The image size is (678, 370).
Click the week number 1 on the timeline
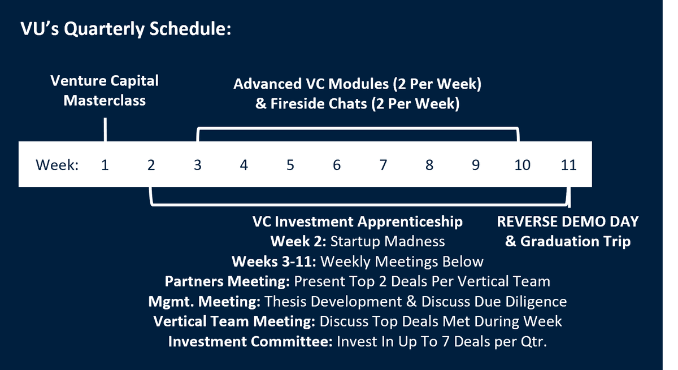click(105, 165)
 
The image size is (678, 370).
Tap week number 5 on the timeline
click(290, 165)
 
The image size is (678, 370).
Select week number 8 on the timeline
click(429, 165)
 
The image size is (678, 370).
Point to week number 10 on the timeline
click(523, 165)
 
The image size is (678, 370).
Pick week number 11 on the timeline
click(569, 165)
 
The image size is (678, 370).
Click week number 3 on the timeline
click(198, 165)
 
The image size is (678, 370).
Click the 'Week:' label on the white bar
click(57, 165)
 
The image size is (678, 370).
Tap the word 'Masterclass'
click(105, 101)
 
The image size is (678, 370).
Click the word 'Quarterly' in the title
click(105, 29)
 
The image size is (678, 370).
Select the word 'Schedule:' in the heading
click(190, 29)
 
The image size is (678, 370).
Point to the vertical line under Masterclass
click(105, 129)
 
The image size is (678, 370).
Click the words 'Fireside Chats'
click(319, 104)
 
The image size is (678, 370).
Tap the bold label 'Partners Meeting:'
click(227, 282)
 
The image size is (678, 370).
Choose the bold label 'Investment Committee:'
click(250, 342)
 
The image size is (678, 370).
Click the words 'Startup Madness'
click(388, 241)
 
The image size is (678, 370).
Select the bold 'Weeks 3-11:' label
click(274, 262)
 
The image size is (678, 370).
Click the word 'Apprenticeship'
click(410, 222)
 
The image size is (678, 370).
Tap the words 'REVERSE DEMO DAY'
click(568, 221)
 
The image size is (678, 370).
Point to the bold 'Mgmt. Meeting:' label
click(205, 302)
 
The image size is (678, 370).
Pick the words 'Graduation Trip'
click(575, 242)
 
